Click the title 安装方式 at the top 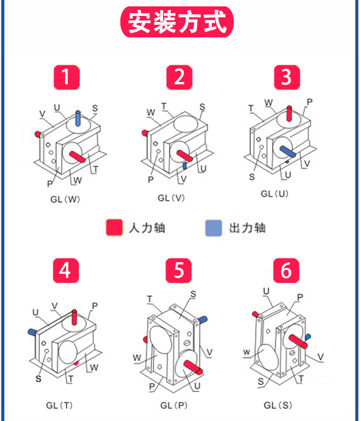pos(177,22)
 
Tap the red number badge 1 pos(67,77)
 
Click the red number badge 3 pos(287,77)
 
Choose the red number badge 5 pos(179,270)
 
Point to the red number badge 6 pos(286,270)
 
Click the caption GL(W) pos(66,199)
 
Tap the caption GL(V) pos(172,198)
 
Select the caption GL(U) pos(275,194)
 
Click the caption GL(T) pos(59,405)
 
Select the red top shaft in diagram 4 pos(75,316)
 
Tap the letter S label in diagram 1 pos(95,108)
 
